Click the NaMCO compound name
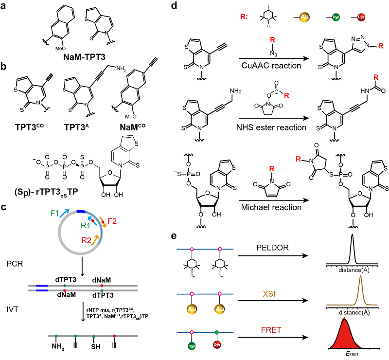145,118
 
